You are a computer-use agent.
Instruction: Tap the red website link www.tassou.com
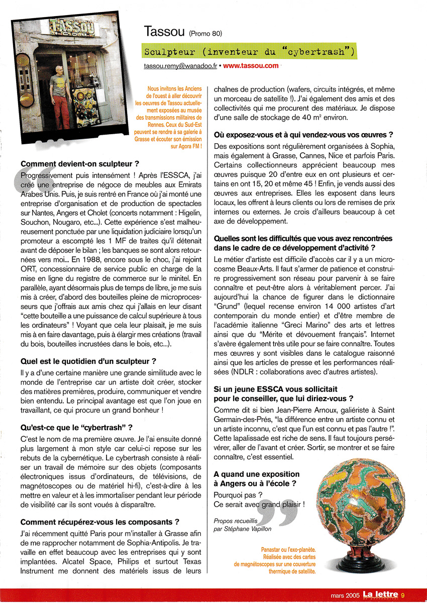coord(251,66)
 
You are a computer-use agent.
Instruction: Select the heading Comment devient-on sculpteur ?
coord(80,164)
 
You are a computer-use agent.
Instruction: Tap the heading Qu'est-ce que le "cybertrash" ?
coord(76,428)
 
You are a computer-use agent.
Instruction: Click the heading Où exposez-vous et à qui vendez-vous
coord(303,135)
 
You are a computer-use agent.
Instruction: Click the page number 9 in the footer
coord(417,596)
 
